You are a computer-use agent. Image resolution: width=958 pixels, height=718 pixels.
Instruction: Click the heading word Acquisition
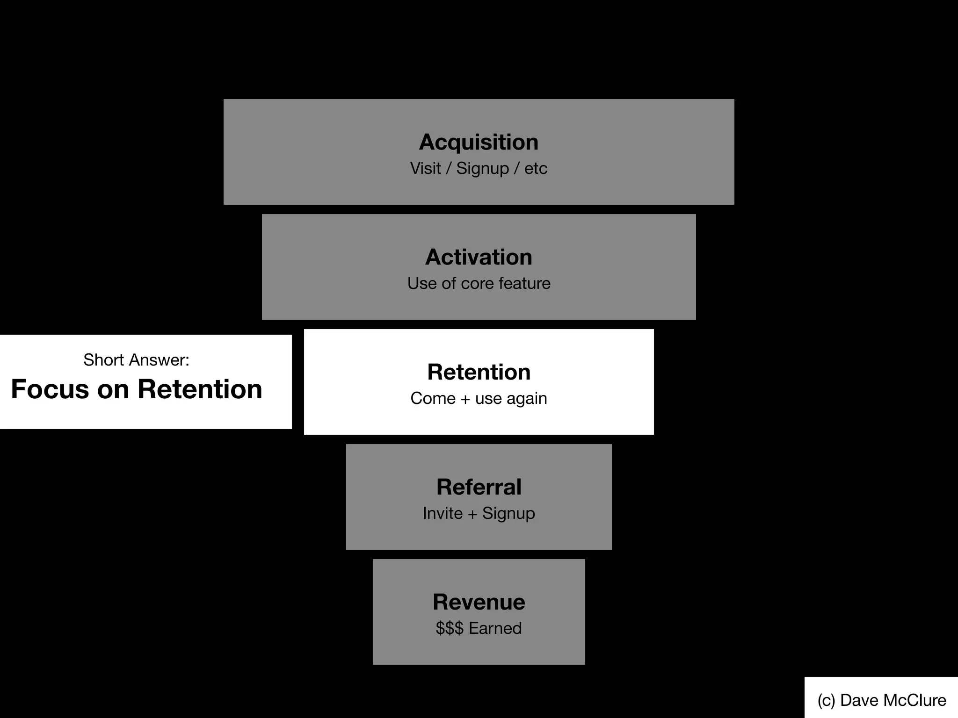coord(479,142)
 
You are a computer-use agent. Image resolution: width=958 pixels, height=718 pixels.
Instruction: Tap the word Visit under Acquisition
coord(425,168)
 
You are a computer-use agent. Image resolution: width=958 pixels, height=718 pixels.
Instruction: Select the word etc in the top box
coord(536,168)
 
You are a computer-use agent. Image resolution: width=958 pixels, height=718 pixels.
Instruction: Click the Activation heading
coord(479,257)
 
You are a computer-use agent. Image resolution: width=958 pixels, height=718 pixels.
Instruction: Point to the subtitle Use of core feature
coord(479,283)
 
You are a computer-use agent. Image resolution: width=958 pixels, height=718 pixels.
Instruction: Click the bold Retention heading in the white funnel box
coord(479,372)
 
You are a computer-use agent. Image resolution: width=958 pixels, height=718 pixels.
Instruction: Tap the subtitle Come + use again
coord(479,398)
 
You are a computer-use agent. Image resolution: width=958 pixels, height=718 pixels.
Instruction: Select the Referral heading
coord(479,487)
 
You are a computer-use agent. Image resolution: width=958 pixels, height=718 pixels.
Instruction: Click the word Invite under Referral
coord(443,513)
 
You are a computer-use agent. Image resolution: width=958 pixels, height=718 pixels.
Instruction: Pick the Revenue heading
coord(479,602)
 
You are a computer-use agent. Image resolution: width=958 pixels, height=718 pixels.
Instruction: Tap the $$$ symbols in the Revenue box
coord(449,628)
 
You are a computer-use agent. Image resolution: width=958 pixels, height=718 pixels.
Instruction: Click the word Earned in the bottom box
coord(495,628)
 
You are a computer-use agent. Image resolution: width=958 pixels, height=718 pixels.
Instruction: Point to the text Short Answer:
coord(136,360)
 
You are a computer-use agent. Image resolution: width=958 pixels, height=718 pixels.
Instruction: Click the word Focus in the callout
coord(50,389)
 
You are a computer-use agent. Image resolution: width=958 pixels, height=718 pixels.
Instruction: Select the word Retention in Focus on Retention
coord(200,389)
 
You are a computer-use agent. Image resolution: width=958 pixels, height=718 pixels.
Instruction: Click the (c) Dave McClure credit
coord(882,700)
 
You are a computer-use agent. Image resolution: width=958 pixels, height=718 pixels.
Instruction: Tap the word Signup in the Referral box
coord(508,513)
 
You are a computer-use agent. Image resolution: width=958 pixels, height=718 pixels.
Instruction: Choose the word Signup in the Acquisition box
coord(482,168)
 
